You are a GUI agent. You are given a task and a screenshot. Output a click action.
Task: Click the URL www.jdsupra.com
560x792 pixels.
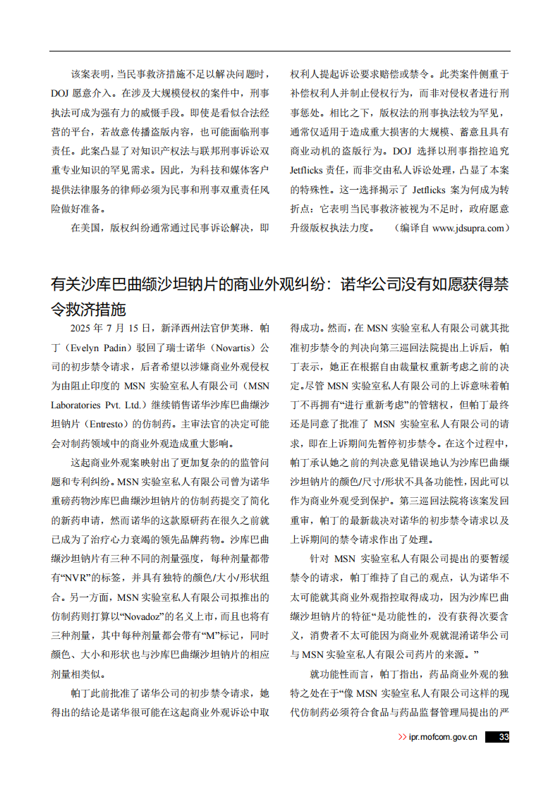[x=468, y=229]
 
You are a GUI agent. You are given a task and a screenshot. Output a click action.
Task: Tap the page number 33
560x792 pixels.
[x=504, y=738]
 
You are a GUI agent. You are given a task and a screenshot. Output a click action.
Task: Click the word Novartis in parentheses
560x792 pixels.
[x=230, y=348]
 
